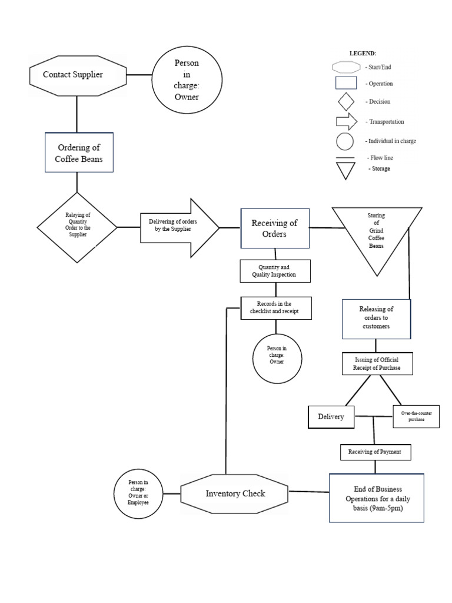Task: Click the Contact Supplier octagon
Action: pos(77,74)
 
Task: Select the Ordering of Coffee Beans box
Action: pos(79,153)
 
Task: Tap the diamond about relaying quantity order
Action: pos(77,227)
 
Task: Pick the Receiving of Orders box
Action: pos(274,228)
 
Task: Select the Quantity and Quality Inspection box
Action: pos(274,271)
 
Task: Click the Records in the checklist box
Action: pos(276,308)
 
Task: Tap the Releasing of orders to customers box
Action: pos(376,318)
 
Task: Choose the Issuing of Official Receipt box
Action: pos(377,364)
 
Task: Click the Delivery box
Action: pos(331,417)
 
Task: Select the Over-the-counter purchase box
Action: pos(416,417)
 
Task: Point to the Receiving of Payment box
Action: pos(375,452)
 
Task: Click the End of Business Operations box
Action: pos(376,498)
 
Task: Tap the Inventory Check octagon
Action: pos(234,493)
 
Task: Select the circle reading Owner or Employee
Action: pos(138,493)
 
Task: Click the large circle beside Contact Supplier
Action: pos(187,81)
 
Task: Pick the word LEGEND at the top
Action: pos(363,54)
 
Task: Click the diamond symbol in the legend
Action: pos(345,102)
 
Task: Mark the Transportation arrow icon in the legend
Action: pos(346,121)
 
